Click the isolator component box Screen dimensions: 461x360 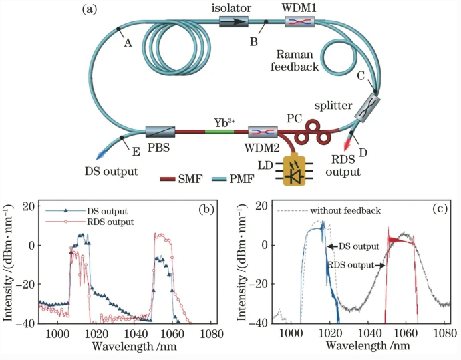pyautogui.click(x=233, y=21)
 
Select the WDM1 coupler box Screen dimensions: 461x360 pyautogui.click(x=299, y=21)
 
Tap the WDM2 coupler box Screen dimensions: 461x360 pyautogui.click(x=263, y=132)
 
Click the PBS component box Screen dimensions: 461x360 pyautogui.click(x=160, y=132)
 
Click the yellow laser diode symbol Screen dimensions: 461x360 pyautogui.click(x=294, y=170)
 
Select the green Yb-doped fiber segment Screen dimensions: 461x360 pyautogui.click(x=220, y=132)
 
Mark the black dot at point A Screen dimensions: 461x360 pyautogui.click(x=118, y=29)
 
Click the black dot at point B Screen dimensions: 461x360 pyautogui.click(x=266, y=21)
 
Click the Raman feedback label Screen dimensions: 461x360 pyautogui.click(x=295, y=61)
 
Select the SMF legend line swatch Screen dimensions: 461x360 pyautogui.click(x=168, y=179)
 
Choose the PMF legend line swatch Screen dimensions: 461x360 pyautogui.click(x=219, y=179)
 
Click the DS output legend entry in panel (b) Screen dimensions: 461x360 pyautogui.click(x=86, y=211)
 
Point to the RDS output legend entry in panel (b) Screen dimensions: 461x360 pyautogui.click(x=90, y=222)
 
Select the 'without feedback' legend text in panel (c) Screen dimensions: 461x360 pyautogui.click(x=345, y=210)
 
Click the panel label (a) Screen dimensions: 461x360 pyautogui.click(x=89, y=9)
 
